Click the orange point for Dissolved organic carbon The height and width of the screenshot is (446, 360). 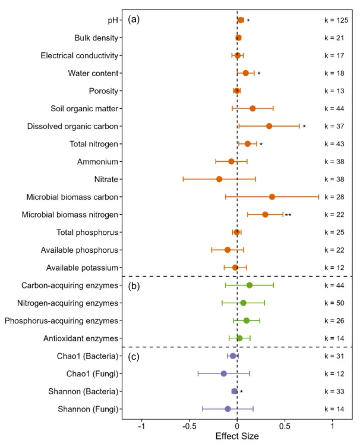(x=269, y=126)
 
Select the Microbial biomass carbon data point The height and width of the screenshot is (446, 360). (x=272, y=197)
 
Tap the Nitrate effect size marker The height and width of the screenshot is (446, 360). (x=219, y=179)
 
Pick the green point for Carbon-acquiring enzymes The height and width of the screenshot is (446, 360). (x=250, y=285)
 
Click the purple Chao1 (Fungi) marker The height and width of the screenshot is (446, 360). (x=224, y=373)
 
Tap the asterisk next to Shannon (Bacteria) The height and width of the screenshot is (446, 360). (x=242, y=392)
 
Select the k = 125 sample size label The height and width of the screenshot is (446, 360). (x=336, y=20)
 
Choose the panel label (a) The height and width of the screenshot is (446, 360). (x=134, y=20)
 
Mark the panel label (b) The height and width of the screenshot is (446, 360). (x=134, y=285)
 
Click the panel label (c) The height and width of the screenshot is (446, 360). (x=134, y=356)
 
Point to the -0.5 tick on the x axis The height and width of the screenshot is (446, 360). (x=190, y=426)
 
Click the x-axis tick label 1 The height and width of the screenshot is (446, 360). (x=332, y=426)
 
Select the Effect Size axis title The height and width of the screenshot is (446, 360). (x=237, y=437)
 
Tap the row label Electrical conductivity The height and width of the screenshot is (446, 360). (x=79, y=55)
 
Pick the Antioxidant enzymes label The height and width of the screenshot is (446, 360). (x=81, y=338)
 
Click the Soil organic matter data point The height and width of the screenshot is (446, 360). (x=252, y=108)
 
